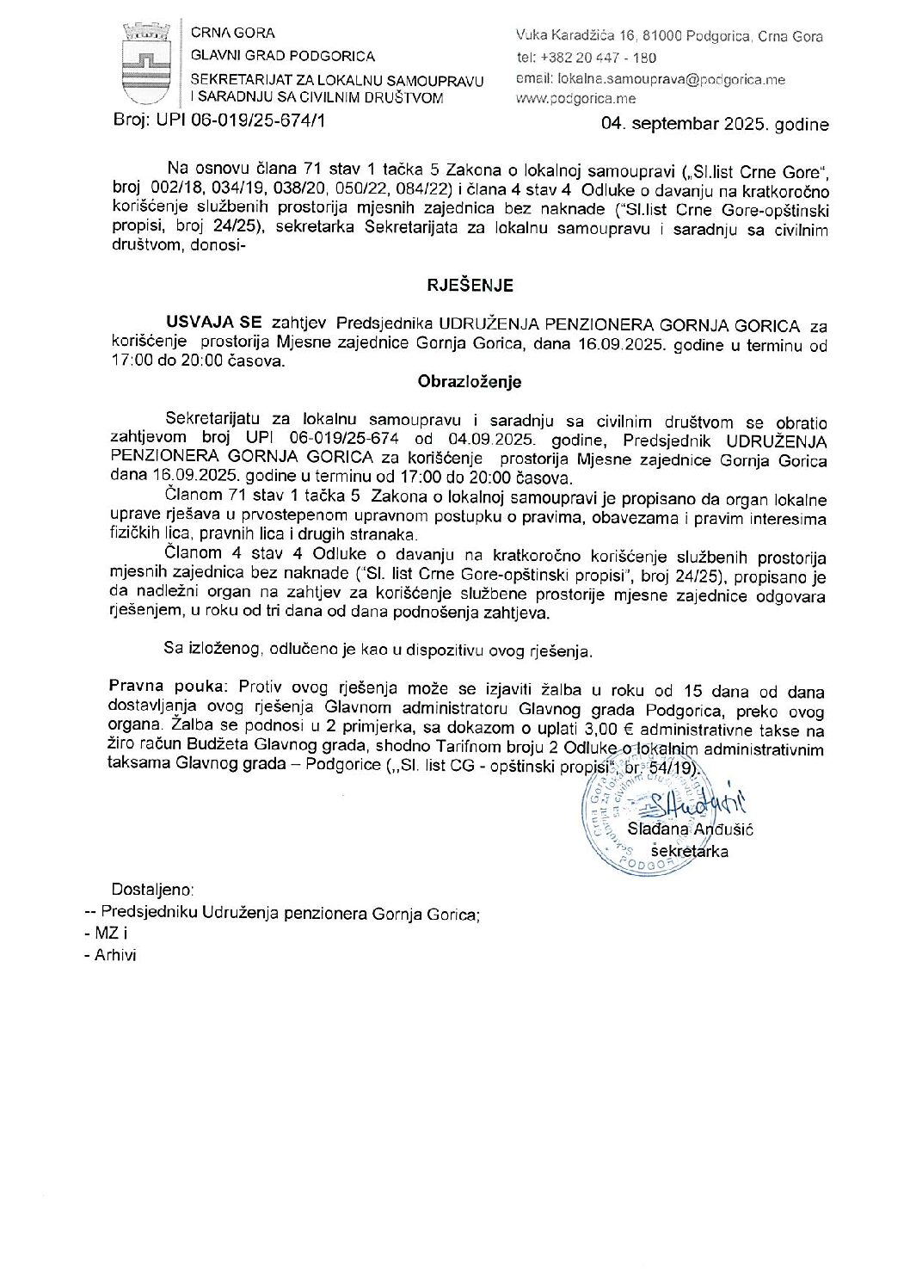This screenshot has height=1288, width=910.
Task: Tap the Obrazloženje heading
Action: [470, 381]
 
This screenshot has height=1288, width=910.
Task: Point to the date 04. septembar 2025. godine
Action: [715, 125]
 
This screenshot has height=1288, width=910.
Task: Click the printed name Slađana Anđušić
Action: [690, 829]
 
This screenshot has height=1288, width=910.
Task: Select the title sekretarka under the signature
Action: [689, 851]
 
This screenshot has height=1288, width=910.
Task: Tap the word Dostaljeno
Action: [152, 888]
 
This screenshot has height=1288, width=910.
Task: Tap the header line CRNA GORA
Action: [233, 34]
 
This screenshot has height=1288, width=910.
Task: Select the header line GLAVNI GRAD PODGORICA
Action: [283, 56]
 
